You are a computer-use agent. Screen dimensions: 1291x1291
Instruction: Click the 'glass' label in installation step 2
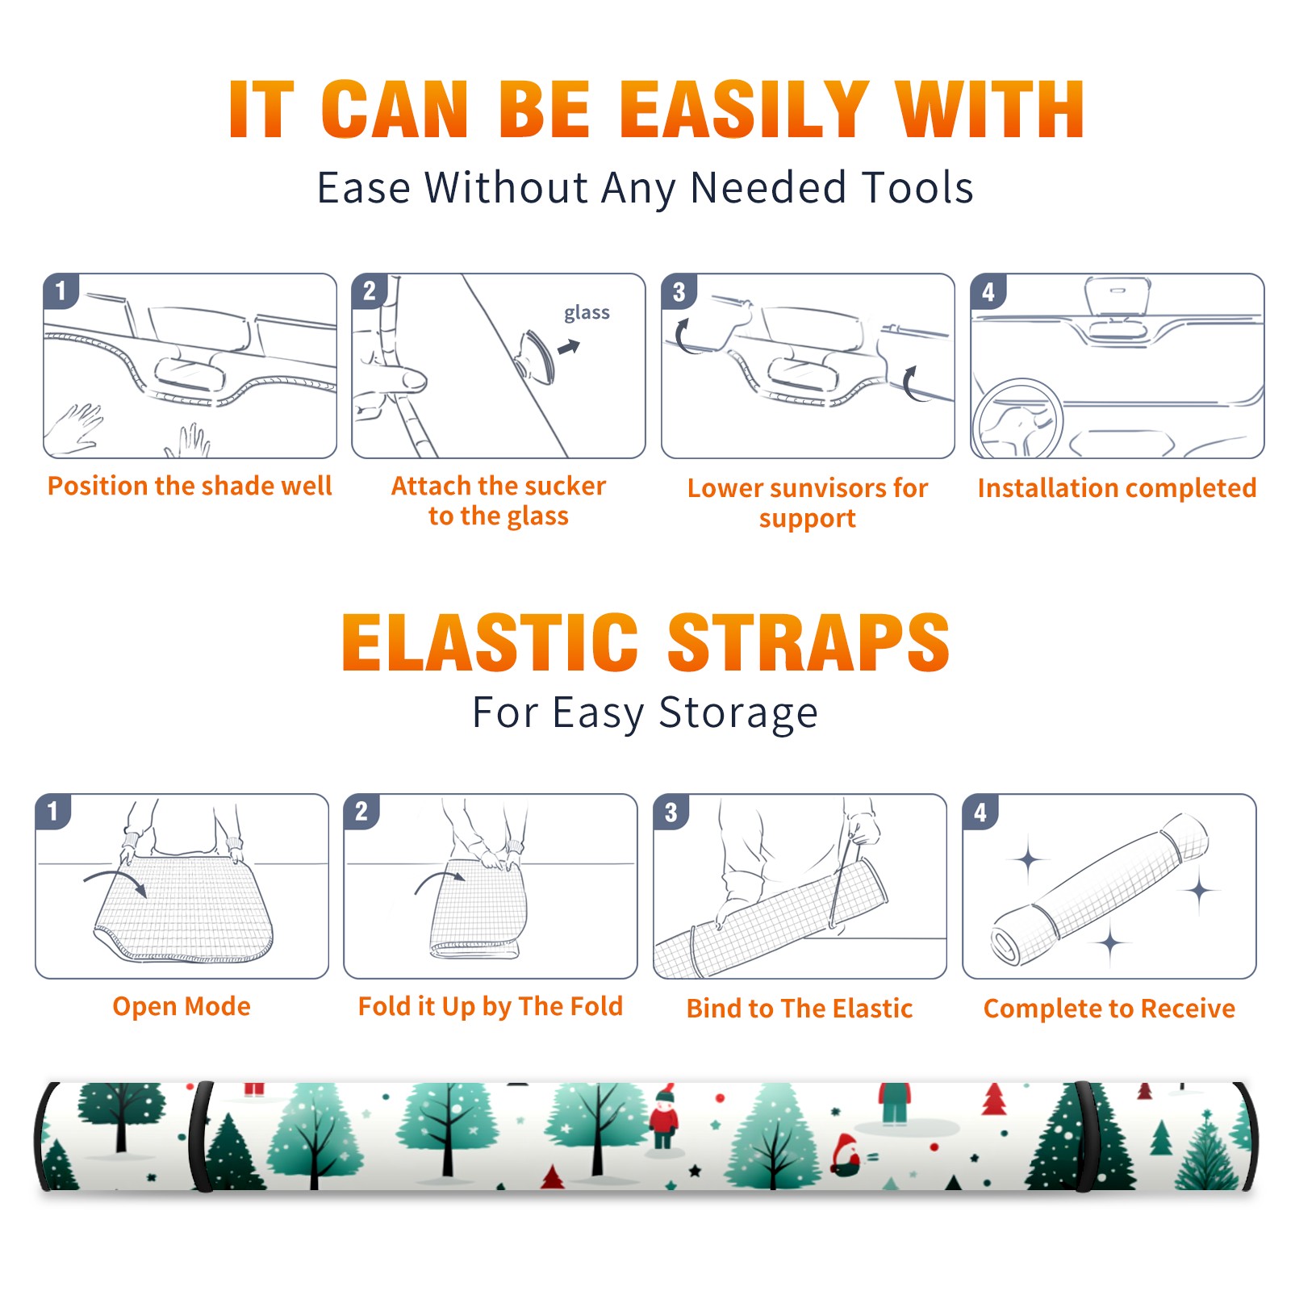point(587,313)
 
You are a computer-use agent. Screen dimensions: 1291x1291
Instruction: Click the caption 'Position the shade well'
point(190,486)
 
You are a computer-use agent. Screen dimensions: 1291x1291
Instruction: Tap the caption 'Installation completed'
point(1117,488)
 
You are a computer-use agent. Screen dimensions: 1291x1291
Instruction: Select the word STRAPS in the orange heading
point(808,642)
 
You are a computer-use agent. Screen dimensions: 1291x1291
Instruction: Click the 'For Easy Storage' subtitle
point(645,713)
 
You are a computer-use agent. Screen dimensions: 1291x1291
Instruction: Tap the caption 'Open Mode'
point(182,1006)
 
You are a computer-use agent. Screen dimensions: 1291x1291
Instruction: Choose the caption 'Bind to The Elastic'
point(800,1009)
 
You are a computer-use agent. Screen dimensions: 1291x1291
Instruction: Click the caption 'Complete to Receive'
point(1109,1009)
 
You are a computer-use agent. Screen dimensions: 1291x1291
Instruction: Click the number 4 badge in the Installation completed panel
point(988,290)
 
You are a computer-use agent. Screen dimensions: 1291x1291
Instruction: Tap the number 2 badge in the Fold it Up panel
point(361,811)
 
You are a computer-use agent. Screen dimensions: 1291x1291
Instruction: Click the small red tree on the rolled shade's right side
point(994,1099)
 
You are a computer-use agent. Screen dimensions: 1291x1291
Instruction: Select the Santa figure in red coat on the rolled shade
point(663,1117)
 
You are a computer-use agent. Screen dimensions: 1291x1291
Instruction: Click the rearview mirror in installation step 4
point(1117,297)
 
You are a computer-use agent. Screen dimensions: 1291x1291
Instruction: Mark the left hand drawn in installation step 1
point(74,428)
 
